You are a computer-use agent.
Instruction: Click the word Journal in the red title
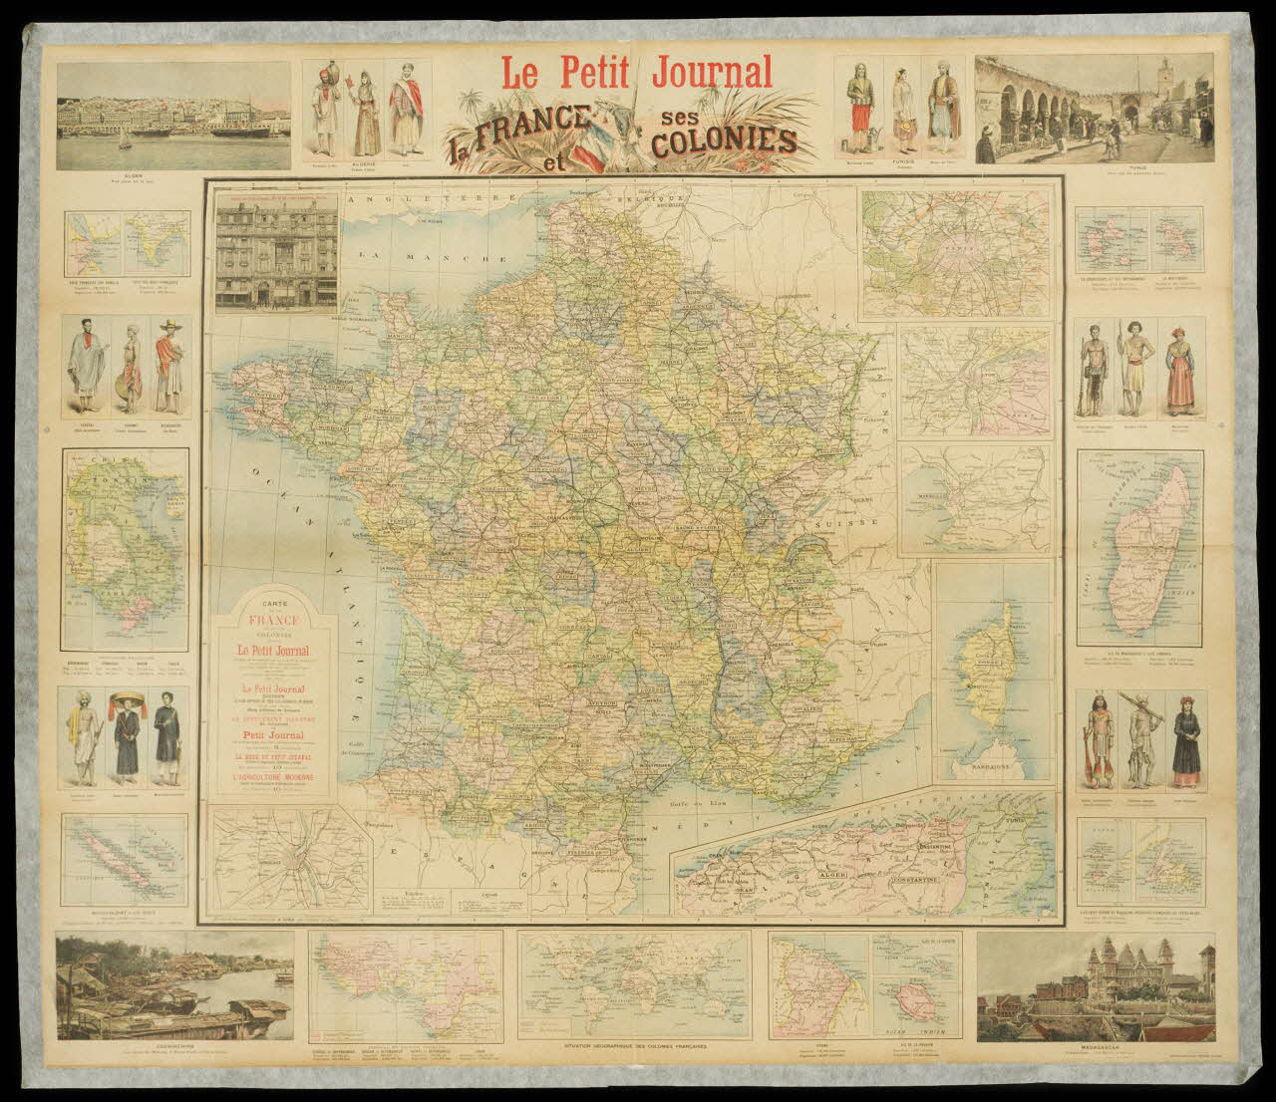(711, 72)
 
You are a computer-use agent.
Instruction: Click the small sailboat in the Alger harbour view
(124, 140)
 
